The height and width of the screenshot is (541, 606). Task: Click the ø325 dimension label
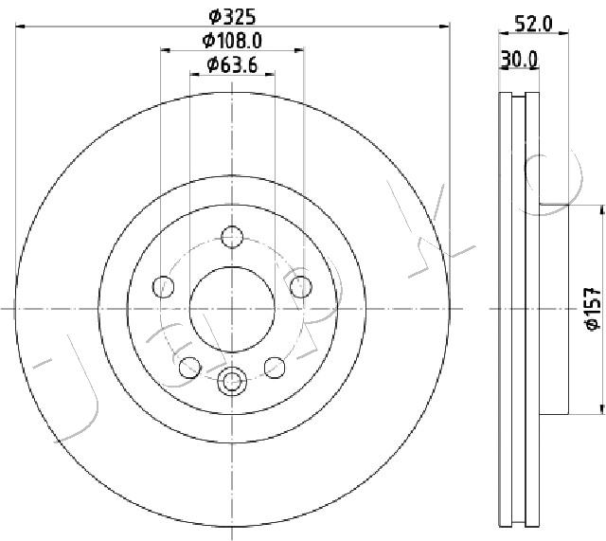(x=232, y=16)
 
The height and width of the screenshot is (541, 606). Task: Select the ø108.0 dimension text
(x=232, y=40)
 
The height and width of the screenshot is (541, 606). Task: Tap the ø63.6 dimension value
(x=232, y=65)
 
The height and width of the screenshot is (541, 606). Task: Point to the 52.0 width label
(x=534, y=24)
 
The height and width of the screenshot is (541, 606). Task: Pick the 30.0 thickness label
(x=519, y=60)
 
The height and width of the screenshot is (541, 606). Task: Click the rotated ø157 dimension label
(x=593, y=309)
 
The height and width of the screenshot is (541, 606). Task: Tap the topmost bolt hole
(x=232, y=237)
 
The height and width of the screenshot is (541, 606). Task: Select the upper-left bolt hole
(x=164, y=287)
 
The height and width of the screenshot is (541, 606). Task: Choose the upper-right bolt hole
(x=301, y=287)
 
